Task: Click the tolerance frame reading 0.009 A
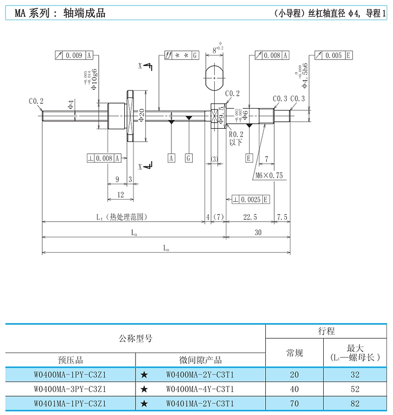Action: (x=74, y=55)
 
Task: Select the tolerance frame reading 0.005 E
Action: (x=333, y=55)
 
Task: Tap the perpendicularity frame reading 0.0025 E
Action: (x=251, y=199)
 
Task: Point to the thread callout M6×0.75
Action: (x=269, y=175)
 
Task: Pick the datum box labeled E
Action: (x=249, y=158)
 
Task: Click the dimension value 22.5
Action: (x=251, y=217)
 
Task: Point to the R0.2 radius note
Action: (x=236, y=134)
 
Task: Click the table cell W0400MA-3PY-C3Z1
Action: (x=70, y=389)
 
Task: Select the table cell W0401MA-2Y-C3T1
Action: (x=200, y=403)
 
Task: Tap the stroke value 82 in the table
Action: (x=355, y=403)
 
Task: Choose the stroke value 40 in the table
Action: (x=294, y=389)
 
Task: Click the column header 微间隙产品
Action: (x=200, y=360)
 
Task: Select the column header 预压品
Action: (x=70, y=360)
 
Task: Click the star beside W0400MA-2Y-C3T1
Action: (x=144, y=375)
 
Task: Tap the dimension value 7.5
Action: (x=282, y=217)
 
